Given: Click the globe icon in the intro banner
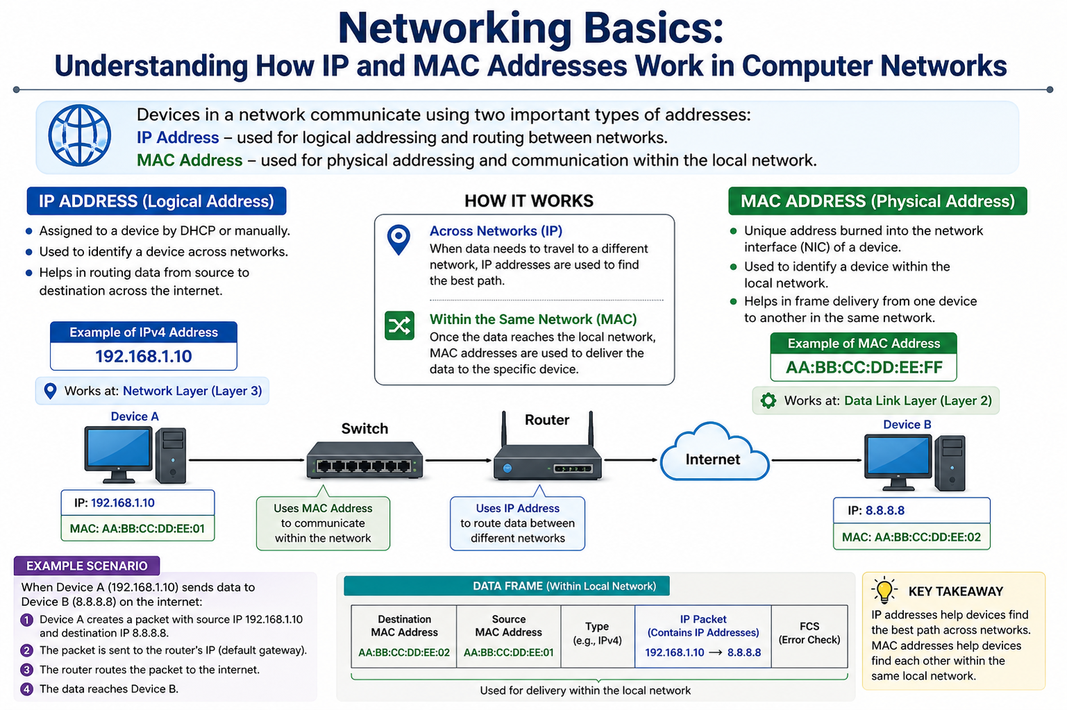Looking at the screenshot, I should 80,135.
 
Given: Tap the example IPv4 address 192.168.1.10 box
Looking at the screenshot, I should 144,356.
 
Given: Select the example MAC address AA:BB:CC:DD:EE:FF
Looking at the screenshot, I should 864,367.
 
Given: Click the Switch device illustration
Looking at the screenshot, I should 364,459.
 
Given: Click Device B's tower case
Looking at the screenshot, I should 950,463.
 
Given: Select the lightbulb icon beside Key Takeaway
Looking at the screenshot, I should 884,590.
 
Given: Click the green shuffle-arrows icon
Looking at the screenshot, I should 399,326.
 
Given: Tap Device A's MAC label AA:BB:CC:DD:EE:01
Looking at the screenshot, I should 137,528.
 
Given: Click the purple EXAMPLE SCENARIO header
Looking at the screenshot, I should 87,566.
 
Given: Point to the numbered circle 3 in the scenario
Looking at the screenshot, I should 26,670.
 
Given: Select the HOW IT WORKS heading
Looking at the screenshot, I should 529,201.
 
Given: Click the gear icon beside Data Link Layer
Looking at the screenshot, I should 768,400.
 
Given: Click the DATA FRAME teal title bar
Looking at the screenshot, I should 507,586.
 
